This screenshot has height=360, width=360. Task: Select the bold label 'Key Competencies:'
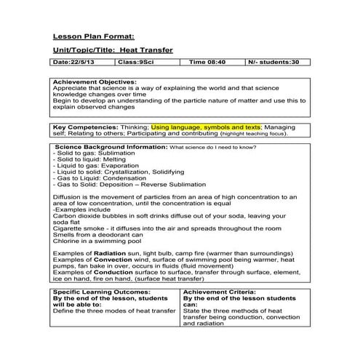(x=82, y=126)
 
